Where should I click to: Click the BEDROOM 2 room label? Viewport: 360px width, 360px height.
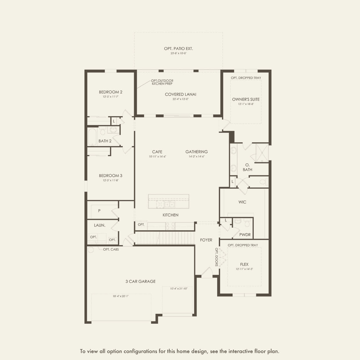pyautogui.click(x=111, y=92)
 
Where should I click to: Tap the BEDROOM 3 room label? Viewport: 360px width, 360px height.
pyautogui.click(x=111, y=176)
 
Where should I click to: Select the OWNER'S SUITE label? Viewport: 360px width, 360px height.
pyautogui.click(x=246, y=99)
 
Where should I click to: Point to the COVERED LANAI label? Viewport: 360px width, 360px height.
pyautogui.click(x=181, y=94)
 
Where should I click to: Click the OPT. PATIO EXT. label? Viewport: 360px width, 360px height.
pyautogui.click(x=179, y=49)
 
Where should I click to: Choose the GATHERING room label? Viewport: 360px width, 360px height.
pyautogui.click(x=197, y=152)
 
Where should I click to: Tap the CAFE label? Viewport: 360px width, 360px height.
pyautogui.click(x=157, y=152)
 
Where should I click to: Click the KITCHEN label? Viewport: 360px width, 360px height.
pyautogui.click(x=170, y=215)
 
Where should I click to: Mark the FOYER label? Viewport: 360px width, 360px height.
pyautogui.click(x=206, y=240)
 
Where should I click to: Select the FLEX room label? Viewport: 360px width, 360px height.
pyautogui.click(x=244, y=264)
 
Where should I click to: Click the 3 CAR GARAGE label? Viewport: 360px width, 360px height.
pyautogui.click(x=141, y=281)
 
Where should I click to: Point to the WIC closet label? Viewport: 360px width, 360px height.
pyautogui.click(x=242, y=202)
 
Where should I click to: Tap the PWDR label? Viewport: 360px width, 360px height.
pyautogui.click(x=245, y=235)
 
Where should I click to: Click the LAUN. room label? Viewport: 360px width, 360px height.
pyautogui.click(x=100, y=225)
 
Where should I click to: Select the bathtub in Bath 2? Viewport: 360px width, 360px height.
pyautogui.click(x=93, y=137)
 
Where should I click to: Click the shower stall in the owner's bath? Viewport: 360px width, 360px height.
pyautogui.click(x=262, y=153)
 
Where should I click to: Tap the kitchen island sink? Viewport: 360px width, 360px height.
pyautogui.click(x=170, y=204)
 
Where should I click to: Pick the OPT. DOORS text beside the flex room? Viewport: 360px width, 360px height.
pyautogui.click(x=217, y=257)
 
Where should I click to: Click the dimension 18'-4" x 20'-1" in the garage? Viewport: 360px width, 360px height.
pyautogui.click(x=121, y=296)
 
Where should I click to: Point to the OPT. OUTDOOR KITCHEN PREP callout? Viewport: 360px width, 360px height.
pyautogui.click(x=162, y=82)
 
